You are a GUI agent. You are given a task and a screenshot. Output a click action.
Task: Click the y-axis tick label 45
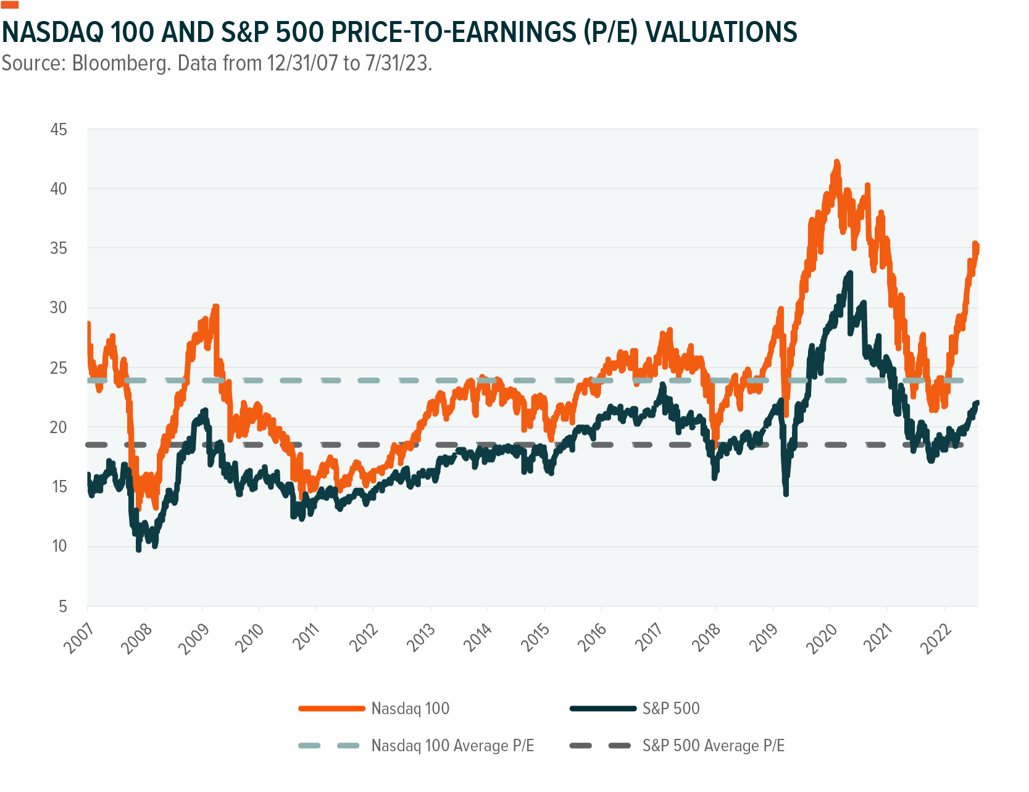[x=59, y=130]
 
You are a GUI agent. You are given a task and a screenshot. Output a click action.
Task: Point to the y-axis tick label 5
[x=63, y=606]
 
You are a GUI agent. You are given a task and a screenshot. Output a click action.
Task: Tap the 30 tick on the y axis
[x=59, y=308]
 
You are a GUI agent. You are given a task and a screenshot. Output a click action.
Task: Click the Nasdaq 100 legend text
[x=410, y=709]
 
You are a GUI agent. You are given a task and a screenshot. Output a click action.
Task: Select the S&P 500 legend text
[x=671, y=709]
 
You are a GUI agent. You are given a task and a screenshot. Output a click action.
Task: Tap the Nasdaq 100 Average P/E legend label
[x=452, y=746]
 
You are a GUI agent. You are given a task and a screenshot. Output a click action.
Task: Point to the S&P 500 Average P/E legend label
[x=713, y=746]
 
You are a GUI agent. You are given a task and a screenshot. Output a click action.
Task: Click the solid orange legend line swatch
[x=331, y=709]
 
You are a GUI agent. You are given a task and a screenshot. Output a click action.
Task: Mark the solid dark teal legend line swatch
[x=602, y=709]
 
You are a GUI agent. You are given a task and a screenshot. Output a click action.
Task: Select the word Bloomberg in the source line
[x=121, y=63]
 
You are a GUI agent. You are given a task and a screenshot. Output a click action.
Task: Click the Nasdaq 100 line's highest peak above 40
[x=837, y=162]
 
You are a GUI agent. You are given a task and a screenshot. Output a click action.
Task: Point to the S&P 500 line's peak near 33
[x=850, y=272]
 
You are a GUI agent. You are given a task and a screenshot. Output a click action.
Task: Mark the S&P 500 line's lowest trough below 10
[x=138, y=549]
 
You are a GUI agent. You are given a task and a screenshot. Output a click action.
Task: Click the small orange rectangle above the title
[x=10, y=4]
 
